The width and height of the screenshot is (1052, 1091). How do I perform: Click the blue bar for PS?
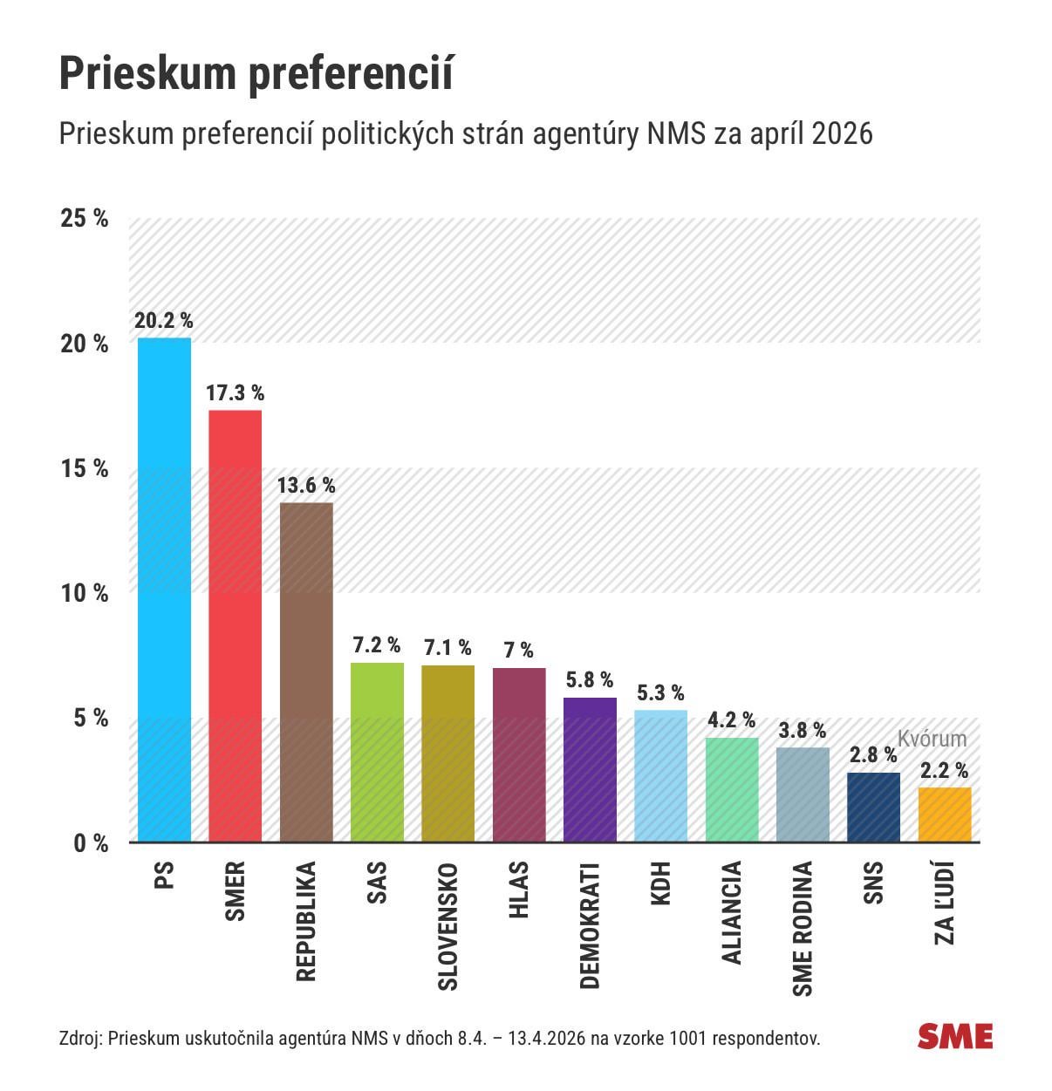click(164, 590)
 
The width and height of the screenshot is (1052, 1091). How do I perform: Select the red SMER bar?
click(235, 626)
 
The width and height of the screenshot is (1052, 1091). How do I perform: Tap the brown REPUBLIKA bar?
click(306, 672)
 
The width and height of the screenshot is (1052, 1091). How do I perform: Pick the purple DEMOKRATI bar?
click(590, 770)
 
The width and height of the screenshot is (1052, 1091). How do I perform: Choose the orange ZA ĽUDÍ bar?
click(945, 815)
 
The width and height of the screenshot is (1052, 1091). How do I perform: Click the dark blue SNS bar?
click(873, 808)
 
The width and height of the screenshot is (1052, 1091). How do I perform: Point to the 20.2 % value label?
click(164, 321)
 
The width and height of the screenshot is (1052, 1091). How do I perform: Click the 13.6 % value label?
click(306, 486)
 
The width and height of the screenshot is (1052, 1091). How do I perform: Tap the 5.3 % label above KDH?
click(660, 693)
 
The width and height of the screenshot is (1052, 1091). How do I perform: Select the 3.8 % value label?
click(803, 731)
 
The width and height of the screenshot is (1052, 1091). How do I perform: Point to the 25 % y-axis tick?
click(85, 218)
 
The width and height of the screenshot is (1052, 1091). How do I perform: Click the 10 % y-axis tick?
click(85, 593)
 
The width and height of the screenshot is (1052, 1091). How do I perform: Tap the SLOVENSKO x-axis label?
click(447, 926)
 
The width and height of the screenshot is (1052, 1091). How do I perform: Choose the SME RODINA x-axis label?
click(803, 929)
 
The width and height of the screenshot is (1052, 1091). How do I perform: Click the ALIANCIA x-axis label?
click(732, 912)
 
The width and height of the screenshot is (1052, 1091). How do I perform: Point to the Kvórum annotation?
click(932, 740)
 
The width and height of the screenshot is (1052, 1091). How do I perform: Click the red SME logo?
click(955, 1036)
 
